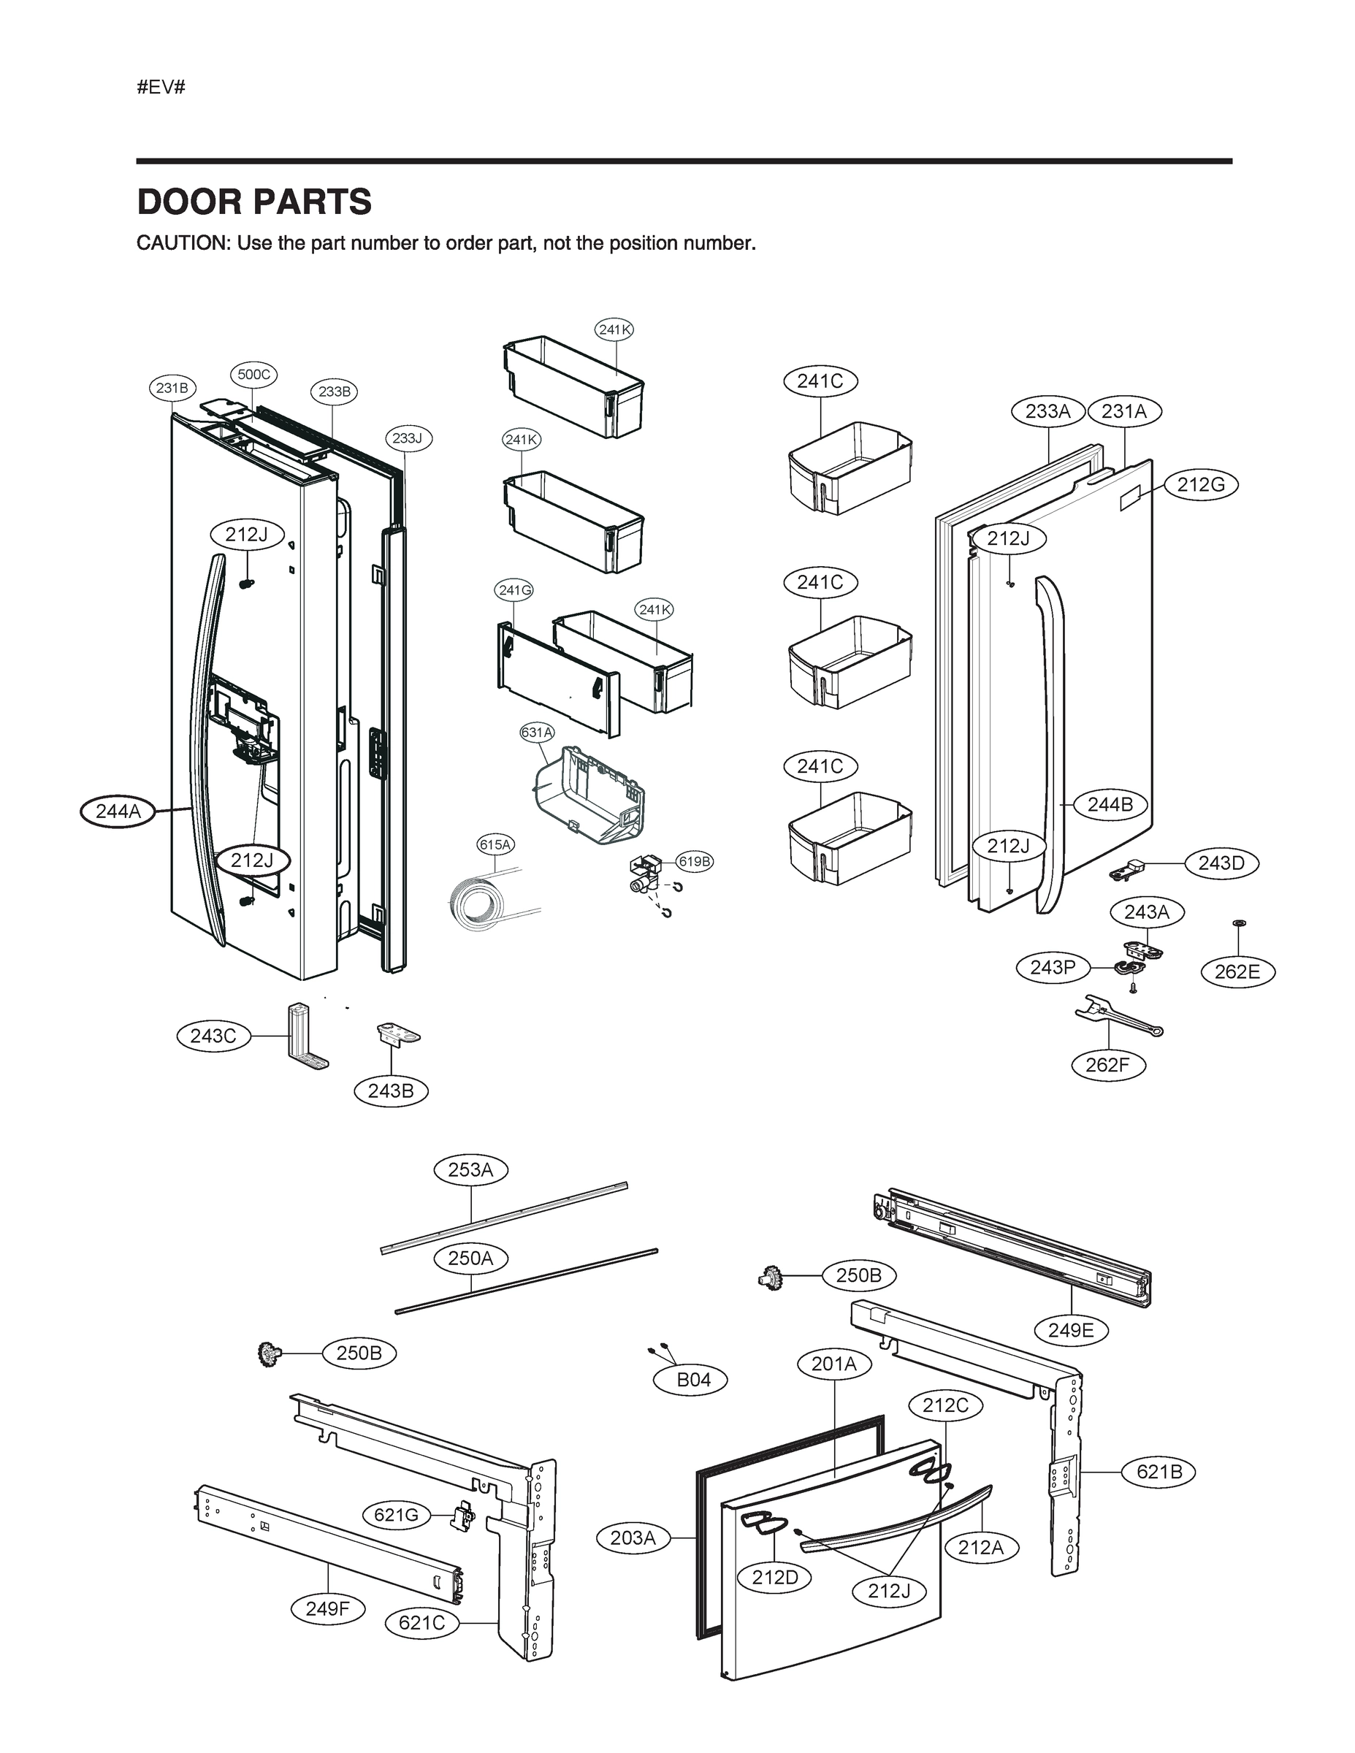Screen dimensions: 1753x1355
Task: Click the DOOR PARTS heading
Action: pos(254,202)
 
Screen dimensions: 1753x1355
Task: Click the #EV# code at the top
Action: pos(161,88)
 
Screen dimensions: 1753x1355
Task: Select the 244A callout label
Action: pos(118,811)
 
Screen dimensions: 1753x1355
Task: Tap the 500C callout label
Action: pos(253,374)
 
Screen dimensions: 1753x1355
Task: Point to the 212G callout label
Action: pos(1201,485)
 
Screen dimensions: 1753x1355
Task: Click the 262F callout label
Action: pos(1108,1065)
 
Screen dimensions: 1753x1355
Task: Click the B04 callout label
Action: pos(693,1379)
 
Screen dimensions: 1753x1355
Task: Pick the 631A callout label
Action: pos(537,732)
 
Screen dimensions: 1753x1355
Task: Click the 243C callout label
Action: pos(213,1036)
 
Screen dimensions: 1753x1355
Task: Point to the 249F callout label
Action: pos(327,1608)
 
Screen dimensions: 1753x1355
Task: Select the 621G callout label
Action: pos(397,1515)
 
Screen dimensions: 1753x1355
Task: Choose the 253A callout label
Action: pos(470,1169)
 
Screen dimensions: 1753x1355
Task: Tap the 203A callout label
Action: pos(633,1537)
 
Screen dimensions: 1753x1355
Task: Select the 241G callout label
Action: pos(514,590)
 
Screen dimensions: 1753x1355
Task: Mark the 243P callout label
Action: pos(1053,967)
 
